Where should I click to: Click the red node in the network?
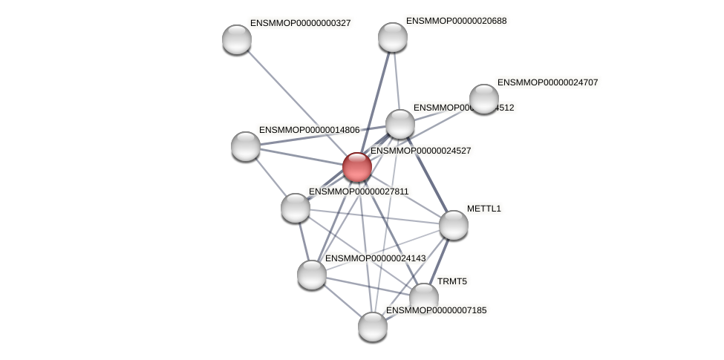point(356,167)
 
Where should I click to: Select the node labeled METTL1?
point(453,225)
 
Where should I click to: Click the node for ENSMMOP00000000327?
point(237,39)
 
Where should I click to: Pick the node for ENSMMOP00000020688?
point(392,37)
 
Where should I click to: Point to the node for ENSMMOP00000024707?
point(483,99)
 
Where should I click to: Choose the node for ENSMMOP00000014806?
point(246,145)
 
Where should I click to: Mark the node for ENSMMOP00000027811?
point(295,208)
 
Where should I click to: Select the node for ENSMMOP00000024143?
point(312,275)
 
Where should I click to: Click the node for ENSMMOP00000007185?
point(372,326)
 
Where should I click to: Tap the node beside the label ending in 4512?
point(399,124)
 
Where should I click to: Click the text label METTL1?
point(484,209)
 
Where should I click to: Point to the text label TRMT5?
point(452,281)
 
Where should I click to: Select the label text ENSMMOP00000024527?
point(420,151)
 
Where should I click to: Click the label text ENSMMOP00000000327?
point(300,23)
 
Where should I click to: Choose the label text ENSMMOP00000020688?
point(456,21)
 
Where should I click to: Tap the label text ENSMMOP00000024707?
point(547,82)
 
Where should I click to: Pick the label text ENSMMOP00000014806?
point(309,130)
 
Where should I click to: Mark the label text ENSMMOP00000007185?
point(436,310)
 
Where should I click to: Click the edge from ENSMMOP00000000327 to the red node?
point(297,103)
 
